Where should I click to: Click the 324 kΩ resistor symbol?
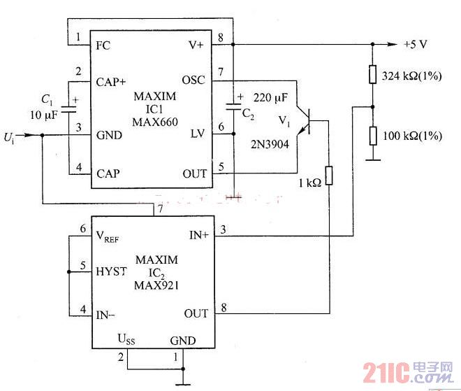tap(372, 74)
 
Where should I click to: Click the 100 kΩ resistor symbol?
tap(373, 136)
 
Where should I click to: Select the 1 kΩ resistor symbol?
tap(329, 176)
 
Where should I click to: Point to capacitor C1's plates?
tap(68, 109)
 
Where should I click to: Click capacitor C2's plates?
tap(233, 106)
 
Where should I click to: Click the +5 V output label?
tap(416, 45)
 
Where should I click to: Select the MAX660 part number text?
tap(155, 122)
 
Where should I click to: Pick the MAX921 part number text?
tap(156, 285)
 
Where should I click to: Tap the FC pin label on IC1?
tap(103, 45)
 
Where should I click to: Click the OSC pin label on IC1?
tap(193, 80)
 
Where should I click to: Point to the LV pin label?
tap(197, 134)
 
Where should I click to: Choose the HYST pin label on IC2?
tap(111, 271)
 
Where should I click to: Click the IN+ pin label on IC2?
tap(199, 235)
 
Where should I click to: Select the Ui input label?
tap(9, 138)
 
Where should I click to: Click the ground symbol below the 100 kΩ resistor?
tap(373, 160)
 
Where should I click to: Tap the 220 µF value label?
tap(270, 98)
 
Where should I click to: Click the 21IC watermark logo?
tap(408, 372)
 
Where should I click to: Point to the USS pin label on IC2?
tap(126, 339)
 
